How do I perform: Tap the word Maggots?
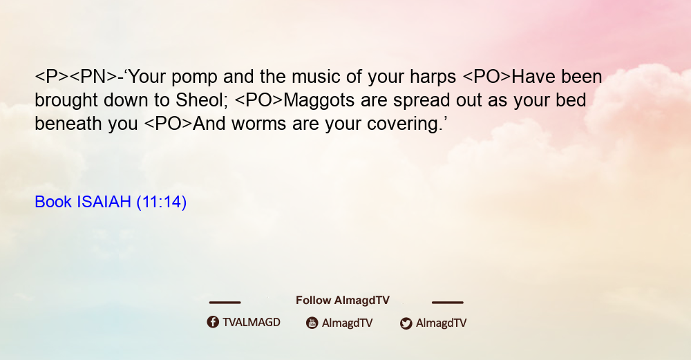(x=319, y=100)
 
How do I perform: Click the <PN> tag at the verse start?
(x=93, y=77)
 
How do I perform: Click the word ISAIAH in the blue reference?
(x=104, y=202)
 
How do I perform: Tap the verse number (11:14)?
(x=161, y=202)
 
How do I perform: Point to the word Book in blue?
(x=53, y=202)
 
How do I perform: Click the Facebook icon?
(x=213, y=322)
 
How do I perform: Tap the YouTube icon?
(x=312, y=323)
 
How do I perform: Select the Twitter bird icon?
(x=406, y=323)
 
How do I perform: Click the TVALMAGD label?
(x=252, y=323)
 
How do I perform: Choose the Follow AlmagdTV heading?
(x=343, y=300)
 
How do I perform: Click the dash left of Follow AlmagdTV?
(x=225, y=303)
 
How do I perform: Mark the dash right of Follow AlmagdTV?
(x=447, y=303)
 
